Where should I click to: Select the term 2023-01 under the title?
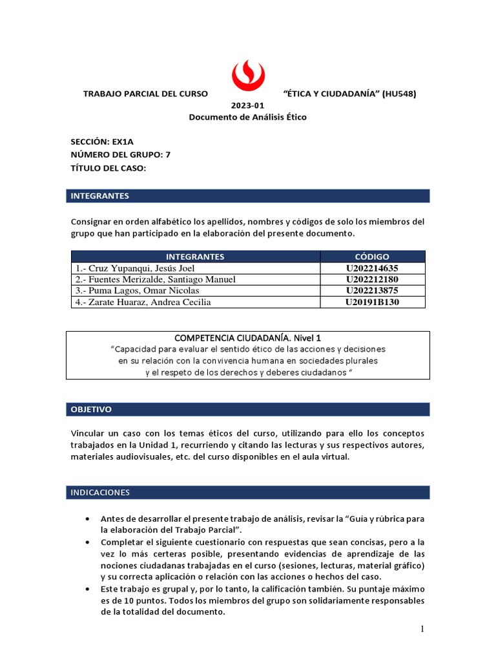pyautogui.click(x=247, y=105)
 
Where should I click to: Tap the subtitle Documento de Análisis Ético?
pyautogui.click(x=247, y=117)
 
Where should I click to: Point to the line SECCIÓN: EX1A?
pyautogui.click(x=103, y=142)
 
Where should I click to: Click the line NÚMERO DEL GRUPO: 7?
pyautogui.click(x=120, y=155)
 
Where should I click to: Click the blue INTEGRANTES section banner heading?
pyautogui.click(x=100, y=195)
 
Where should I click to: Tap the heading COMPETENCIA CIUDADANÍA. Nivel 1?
pyautogui.click(x=248, y=337)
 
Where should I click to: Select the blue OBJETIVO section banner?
pyautogui.click(x=91, y=409)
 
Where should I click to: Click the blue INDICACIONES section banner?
pyautogui.click(x=100, y=493)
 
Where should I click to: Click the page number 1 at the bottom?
pyautogui.click(x=422, y=629)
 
